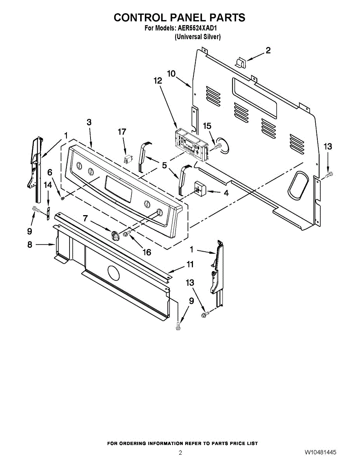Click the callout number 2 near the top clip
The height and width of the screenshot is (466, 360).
(268, 50)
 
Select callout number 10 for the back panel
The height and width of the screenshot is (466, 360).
(171, 73)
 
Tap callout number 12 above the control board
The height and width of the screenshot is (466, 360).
(157, 81)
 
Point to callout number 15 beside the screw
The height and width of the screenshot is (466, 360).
(207, 126)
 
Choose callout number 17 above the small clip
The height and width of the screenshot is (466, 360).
(122, 132)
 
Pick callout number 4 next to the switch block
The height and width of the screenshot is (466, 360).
(226, 192)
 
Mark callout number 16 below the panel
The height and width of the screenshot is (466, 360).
(146, 252)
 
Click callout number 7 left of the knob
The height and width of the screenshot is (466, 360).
(85, 218)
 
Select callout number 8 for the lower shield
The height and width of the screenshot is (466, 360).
(30, 245)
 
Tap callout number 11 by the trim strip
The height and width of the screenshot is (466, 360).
(190, 264)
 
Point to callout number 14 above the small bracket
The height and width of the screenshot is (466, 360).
(48, 185)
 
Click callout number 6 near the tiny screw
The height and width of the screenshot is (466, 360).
(50, 172)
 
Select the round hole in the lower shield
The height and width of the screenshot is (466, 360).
(113, 273)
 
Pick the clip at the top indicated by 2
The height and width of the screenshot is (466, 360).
(240, 62)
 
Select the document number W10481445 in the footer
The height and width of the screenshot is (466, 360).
(320, 453)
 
